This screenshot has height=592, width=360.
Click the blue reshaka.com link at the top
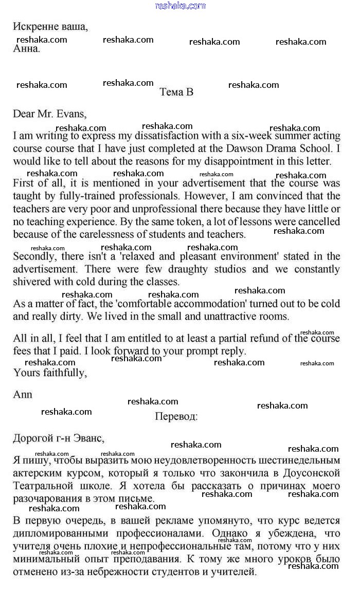180,6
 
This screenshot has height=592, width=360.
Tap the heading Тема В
176,92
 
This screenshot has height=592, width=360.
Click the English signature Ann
23,395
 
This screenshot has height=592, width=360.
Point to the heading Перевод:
176,416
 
